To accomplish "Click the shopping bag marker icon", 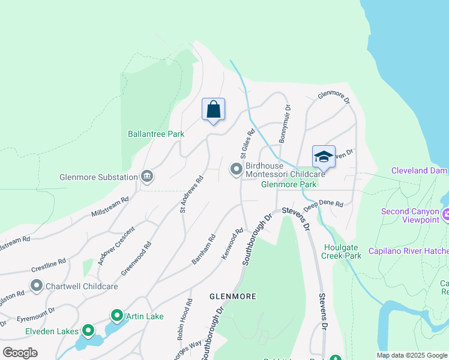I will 213,110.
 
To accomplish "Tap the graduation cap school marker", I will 324,157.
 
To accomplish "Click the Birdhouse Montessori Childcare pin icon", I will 236,170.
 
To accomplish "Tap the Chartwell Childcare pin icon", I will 37,286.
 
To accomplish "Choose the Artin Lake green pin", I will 116,316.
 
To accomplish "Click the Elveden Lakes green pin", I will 88,330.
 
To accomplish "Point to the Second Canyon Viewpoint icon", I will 446,214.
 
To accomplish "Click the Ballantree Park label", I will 156,134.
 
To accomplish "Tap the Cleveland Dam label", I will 420,170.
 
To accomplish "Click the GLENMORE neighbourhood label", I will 232,296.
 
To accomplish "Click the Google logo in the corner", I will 20,353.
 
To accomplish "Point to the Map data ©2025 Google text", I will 411,355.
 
